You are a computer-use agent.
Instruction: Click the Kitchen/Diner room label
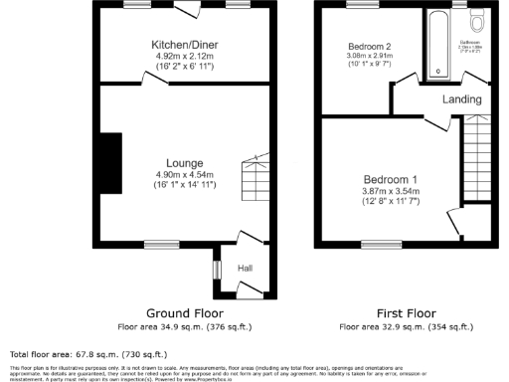[184, 46]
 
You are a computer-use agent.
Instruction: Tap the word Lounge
[185, 163]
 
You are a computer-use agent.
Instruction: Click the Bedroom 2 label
[368, 47]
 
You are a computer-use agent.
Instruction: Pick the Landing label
[463, 99]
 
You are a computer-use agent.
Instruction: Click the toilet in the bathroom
[476, 22]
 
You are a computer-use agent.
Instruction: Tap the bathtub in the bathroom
[436, 45]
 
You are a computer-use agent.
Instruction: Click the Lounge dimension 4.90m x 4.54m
[185, 174]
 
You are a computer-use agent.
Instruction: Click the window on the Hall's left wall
[217, 269]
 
